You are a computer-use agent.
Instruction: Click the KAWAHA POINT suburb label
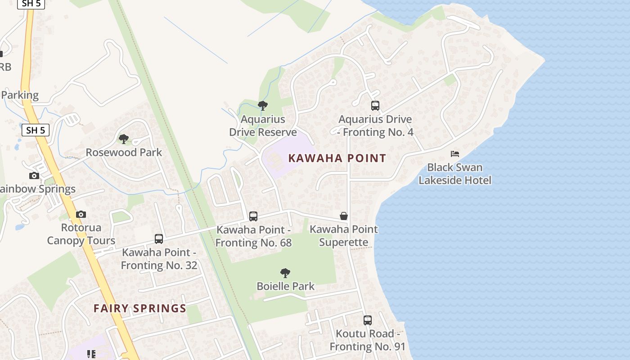click(337, 158)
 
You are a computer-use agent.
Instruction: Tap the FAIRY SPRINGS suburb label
click(140, 308)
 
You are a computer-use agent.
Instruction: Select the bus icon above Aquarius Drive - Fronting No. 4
click(375, 106)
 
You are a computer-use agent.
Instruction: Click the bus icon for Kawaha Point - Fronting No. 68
click(253, 216)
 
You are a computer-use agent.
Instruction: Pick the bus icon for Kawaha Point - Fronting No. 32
click(159, 239)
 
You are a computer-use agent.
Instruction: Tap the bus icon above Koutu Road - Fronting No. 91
click(368, 320)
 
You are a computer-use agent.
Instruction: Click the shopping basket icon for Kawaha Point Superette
click(344, 216)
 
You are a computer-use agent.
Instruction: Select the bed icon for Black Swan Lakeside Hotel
click(455, 154)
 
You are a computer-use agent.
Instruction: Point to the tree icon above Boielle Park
click(285, 273)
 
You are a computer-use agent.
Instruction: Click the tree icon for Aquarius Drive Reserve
click(263, 106)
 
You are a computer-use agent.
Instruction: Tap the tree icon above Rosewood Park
click(124, 139)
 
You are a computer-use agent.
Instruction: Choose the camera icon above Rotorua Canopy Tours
click(81, 214)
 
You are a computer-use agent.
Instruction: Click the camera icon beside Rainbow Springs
click(34, 175)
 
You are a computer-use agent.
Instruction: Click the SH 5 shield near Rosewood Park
click(36, 130)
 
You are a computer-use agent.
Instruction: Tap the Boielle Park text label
click(286, 286)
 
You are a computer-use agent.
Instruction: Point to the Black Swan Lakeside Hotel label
click(455, 174)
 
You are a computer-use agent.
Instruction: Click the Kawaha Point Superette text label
click(344, 236)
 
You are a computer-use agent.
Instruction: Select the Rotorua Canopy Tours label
click(81, 234)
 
